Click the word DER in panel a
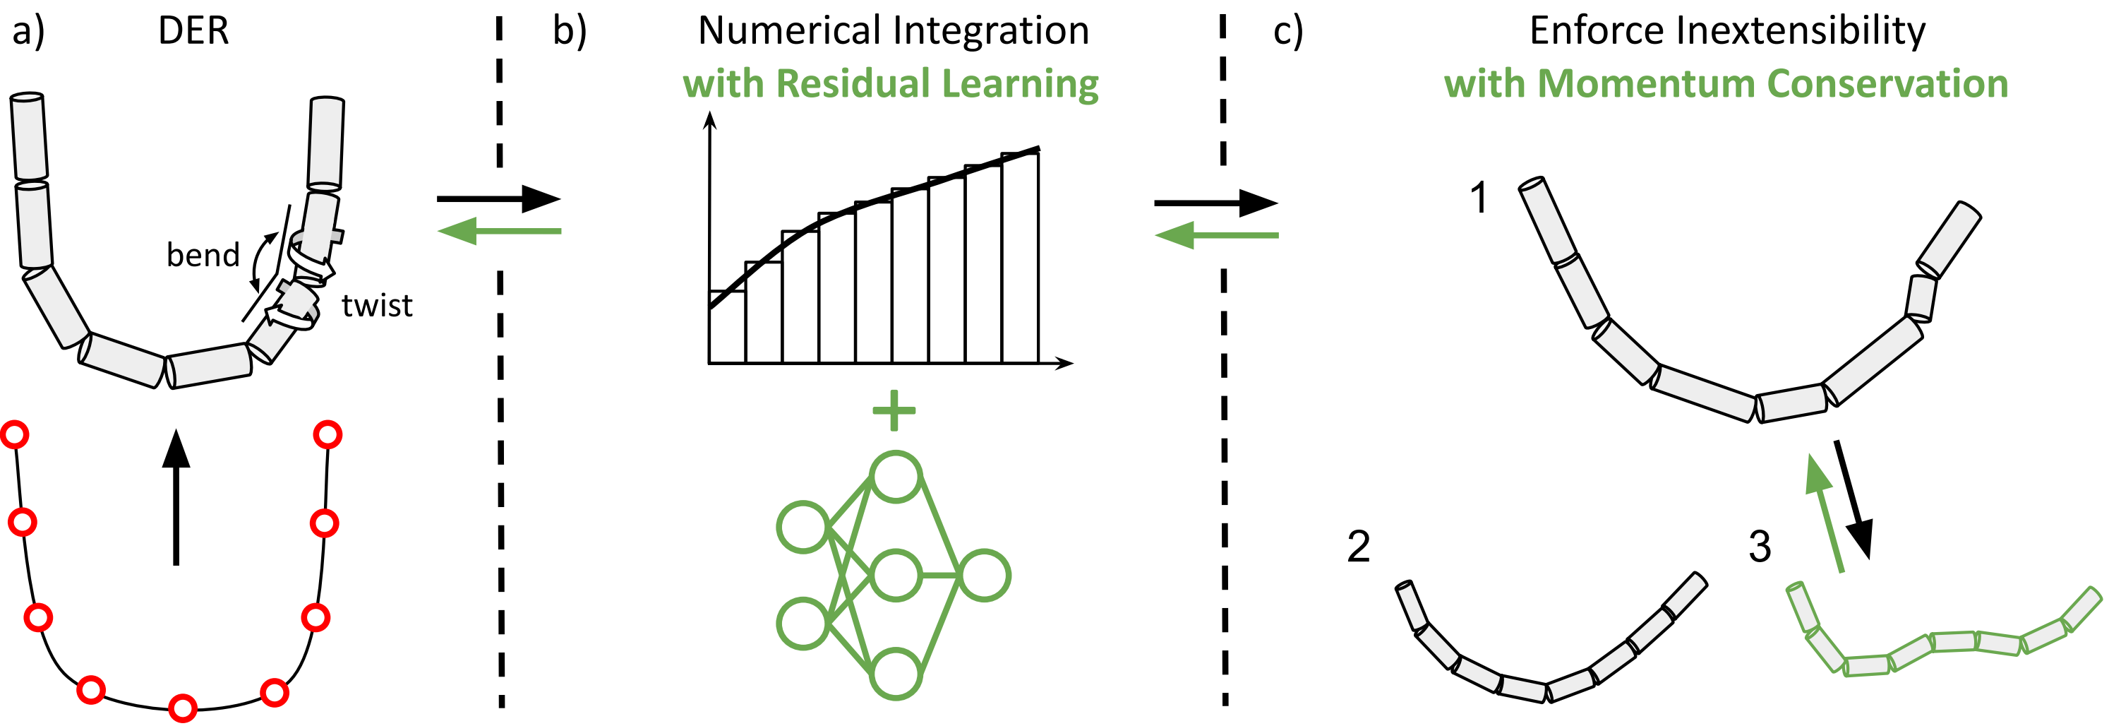[x=193, y=31]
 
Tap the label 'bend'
[x=203, y=255]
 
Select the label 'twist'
[x=377, y=306]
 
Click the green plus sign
[x=894, y=410]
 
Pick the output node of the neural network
[x=984, y=576]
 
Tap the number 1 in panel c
[x=1479, y=198]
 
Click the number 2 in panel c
[x=1358, y=547]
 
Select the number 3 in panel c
[x=1760, y=547]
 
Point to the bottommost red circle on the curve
[x=183, y=707]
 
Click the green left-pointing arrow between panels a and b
[x=500, y=231]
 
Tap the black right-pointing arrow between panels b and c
[x=1216, y=203]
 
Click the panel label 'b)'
[x=570, y=31]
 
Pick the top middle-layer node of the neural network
[x=896, y=477]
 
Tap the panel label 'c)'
[x=1288, y=31]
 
